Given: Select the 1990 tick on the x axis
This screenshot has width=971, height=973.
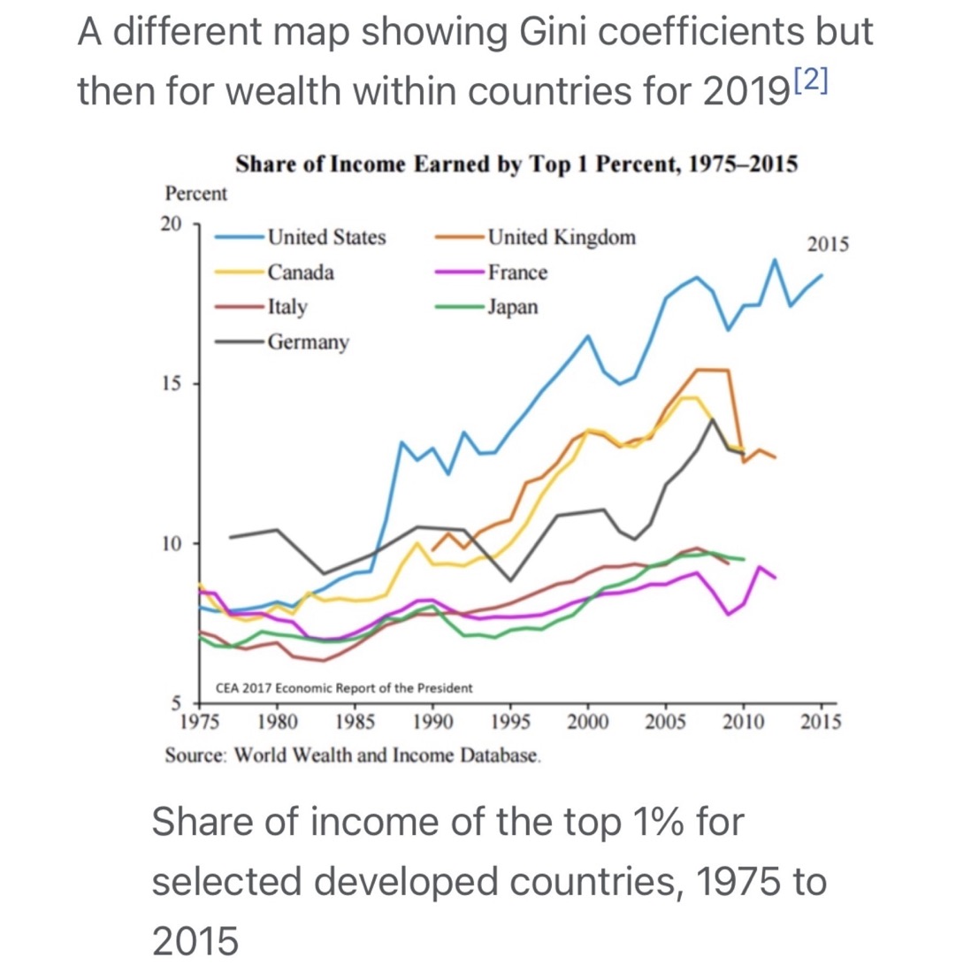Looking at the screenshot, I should point(432,722).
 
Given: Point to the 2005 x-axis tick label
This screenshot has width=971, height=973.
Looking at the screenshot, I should point(665,722).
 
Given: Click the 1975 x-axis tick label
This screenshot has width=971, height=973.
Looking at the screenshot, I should point(200,722).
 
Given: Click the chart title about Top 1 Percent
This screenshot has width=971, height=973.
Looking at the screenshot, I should point(516,165).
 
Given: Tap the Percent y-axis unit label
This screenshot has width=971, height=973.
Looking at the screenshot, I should point(195,194).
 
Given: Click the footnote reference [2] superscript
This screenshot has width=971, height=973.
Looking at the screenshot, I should point(811,80).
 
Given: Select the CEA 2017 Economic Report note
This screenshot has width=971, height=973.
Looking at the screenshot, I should point(344,687).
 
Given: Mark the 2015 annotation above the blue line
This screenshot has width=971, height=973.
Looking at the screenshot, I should point(828,244).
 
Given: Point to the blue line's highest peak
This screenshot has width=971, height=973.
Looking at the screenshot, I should point(775,259).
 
